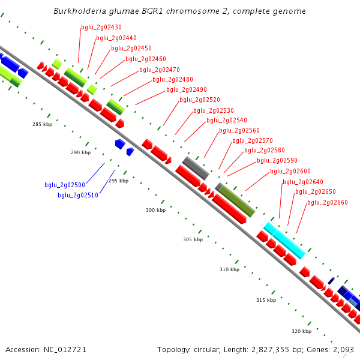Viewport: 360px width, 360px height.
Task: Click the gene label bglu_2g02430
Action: [x=101, y=28]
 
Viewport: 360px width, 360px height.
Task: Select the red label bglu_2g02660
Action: [x=327, y=203]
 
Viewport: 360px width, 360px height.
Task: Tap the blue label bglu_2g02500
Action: [x=65, y=185]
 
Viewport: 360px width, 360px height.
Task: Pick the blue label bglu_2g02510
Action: [x=78, y=195]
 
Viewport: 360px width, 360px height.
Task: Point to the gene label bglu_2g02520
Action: [x=199, y=100]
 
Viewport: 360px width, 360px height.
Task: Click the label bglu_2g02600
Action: [x=290, y=172]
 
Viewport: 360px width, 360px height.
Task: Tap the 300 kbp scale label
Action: [x=155, y=210]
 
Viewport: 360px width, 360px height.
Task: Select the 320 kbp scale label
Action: [x=302, y=331]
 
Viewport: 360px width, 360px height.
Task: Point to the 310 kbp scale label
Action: [x=229, y=269]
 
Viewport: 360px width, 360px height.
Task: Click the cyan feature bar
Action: [x=284, y=240]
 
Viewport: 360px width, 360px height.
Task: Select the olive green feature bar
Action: [x=237, y=201]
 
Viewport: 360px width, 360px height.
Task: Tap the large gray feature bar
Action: [x=196, y=168]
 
